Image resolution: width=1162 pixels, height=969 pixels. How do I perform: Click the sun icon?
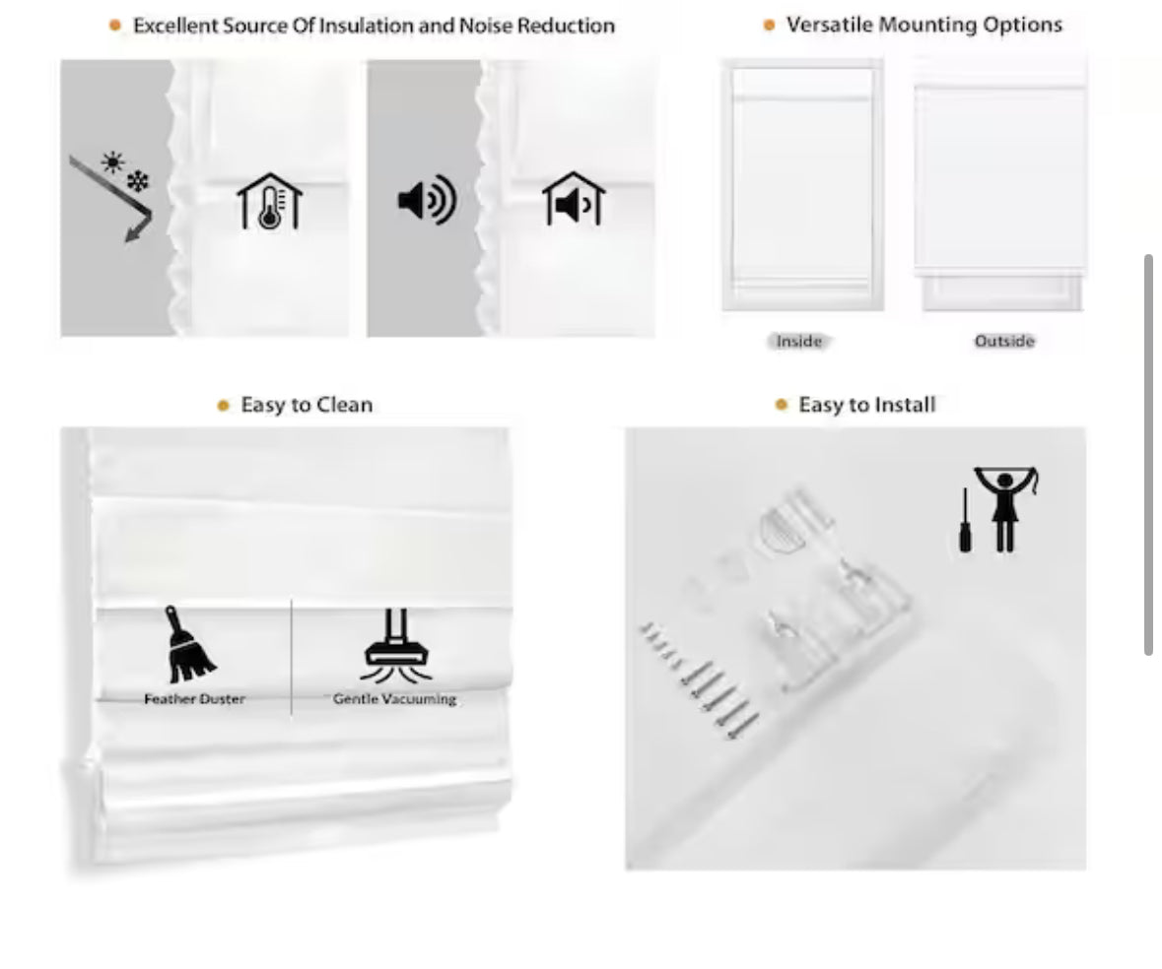pos(112,161)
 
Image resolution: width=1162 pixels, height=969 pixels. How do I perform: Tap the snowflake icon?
pos(138,180)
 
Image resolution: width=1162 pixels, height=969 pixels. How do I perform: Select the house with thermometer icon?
pos(270,201)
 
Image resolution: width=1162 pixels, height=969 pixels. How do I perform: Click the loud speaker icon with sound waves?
pos(427,200)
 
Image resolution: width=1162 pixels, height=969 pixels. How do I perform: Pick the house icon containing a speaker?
pos(574,199)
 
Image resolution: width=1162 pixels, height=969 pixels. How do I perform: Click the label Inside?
pos(799,342)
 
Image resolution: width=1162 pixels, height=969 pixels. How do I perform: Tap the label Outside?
pos(1004,342)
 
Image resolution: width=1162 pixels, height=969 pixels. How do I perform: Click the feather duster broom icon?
pos(189,645)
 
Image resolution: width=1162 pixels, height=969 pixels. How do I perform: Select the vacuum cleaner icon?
pos(396,645)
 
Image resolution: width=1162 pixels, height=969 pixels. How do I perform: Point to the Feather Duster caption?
pos(194,699)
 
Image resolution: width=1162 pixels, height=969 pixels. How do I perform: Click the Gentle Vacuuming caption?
pos(394,699)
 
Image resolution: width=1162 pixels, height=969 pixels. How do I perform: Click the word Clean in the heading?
pos(344,405)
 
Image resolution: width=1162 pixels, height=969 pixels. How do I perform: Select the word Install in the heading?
pos(905,405)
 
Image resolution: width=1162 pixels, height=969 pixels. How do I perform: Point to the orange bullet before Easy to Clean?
pos(223,406)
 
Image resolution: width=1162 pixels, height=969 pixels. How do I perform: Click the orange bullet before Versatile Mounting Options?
pos(769,26)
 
